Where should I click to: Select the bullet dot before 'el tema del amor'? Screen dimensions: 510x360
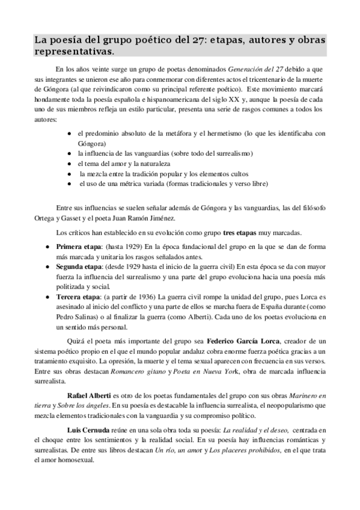coord(70,163)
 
